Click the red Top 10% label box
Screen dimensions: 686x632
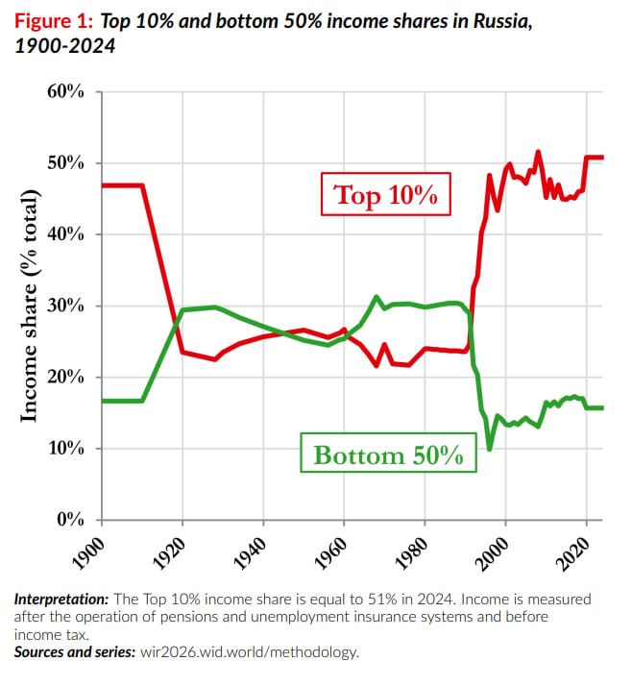coord(385,196)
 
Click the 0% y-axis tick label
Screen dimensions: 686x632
coord(71,520)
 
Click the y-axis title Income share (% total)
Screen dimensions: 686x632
coord(30,306)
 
